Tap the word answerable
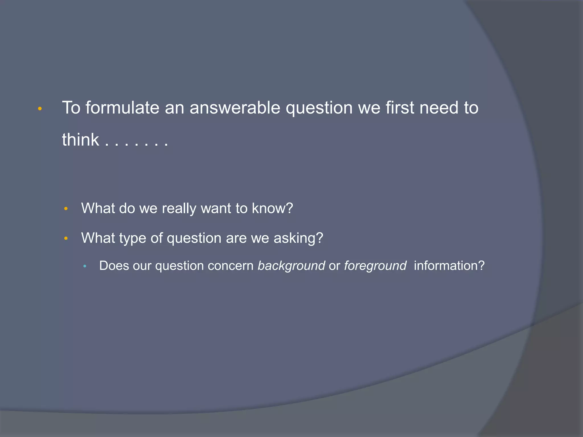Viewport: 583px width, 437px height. coord(235,108)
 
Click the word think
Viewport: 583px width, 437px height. coord(81,140)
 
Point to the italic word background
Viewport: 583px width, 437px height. coord(291,266)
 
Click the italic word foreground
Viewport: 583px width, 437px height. coord(375,266)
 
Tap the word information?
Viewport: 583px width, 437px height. coord(449,266)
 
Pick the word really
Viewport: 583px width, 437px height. coord(179,209)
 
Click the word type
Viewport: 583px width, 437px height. coord(132,238)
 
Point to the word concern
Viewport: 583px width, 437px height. coord(231,266)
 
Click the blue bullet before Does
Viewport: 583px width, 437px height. coord(85,266)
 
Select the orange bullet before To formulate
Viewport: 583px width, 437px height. coord(40,109)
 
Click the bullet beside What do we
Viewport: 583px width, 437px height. coord(66,209)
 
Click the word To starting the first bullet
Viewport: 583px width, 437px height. coord(71,108)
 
